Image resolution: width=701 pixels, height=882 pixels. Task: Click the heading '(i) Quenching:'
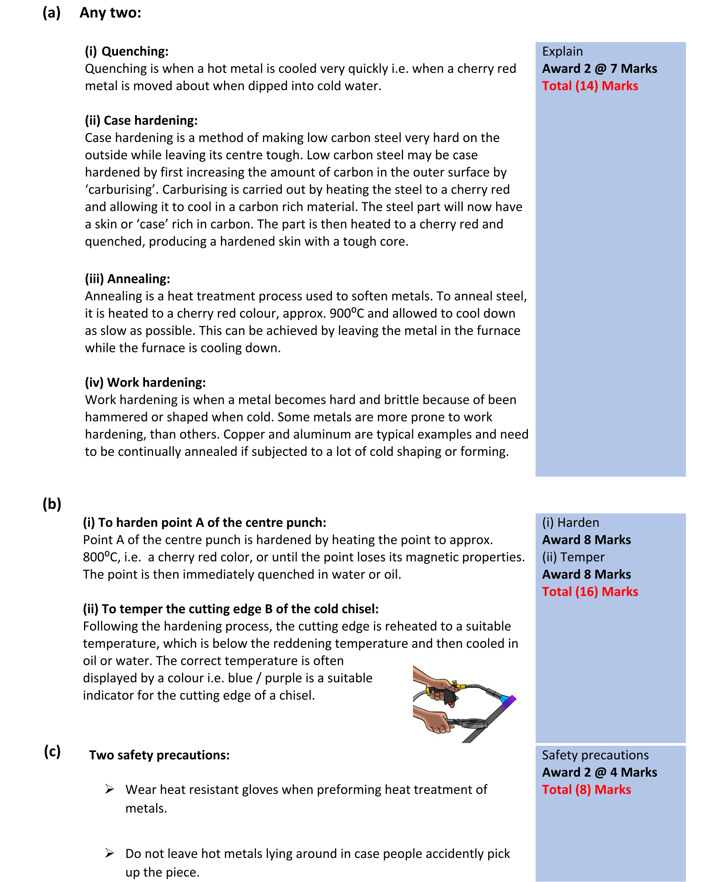(x=126, y=52)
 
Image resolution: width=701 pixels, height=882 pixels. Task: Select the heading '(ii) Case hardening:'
(x=141, y=121)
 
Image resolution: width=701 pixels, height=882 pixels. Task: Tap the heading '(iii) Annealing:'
(x=127, y=279)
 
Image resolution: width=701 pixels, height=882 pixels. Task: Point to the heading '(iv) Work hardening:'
(x=145, y=383)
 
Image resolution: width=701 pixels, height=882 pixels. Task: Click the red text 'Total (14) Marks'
(x=590, y=86)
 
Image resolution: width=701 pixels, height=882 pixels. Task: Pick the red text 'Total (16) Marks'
(x=590, y=592)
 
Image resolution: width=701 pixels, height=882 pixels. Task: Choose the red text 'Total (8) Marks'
(x=586, y=789)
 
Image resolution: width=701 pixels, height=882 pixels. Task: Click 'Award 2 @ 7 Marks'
(x=599, y=69)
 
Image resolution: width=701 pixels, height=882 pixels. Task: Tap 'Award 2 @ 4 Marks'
(x=599, y=772)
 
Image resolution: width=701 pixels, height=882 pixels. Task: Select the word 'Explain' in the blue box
(x=562, y=52)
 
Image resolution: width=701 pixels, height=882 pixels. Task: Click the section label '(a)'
(x=52, y=13)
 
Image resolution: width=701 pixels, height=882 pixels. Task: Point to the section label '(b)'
(x=52, y=504)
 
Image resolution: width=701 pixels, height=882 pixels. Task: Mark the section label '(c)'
(x=52, y=751)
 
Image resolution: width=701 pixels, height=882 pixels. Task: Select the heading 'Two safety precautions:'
(x=159, y=755)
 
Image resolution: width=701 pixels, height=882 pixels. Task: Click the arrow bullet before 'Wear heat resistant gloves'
(x=109, y=789)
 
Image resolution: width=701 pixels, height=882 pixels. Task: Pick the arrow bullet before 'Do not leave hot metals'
(x=109, y=853)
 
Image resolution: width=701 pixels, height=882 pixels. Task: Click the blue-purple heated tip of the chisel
(x=508, y=700)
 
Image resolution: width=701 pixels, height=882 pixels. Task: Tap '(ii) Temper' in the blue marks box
(x=573, y=557)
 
